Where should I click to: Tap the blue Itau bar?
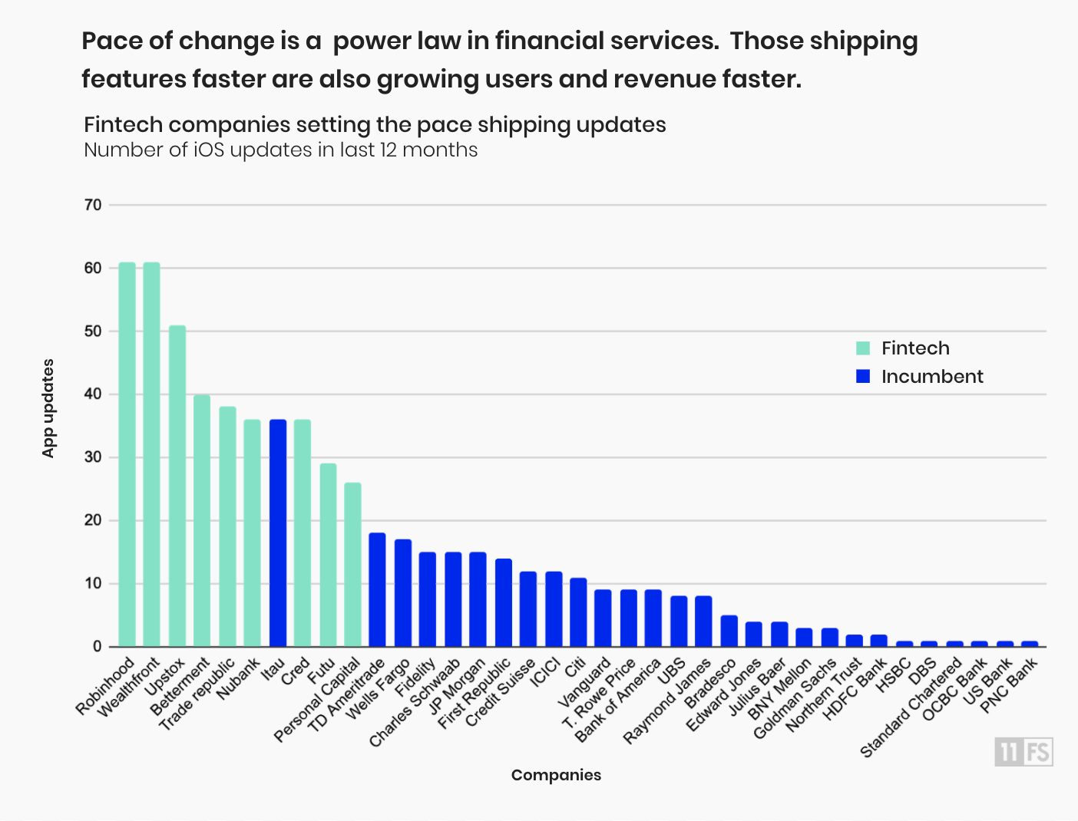(x=278, y=532)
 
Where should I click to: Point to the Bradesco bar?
(x=729, y=631)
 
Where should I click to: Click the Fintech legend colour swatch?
(x=863, y=348)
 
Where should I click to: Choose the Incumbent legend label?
(x=931, y=377)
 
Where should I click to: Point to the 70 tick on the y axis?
(x=93, y=205)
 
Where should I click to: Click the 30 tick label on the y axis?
(x=93, y=457)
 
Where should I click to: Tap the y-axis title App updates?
(x=48, y=408)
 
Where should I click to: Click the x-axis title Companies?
(x=556, y=775)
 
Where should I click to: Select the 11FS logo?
(x=1023, y=752)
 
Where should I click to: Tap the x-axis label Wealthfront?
(x=129, y=687)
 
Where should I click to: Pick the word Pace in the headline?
(x=111, y=41)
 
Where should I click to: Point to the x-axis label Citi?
(x=576, y=667)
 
